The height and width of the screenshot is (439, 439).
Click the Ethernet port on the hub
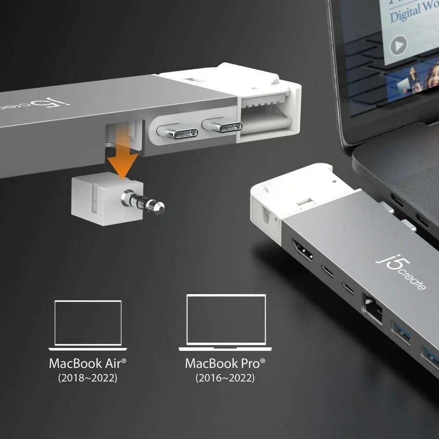pyautogui.click(x=371, y=306)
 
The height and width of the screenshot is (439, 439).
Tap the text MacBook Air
pyautogui.click(x=88, y=363)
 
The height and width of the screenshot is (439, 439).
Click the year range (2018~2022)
pyautogui.click(x=88, y=378)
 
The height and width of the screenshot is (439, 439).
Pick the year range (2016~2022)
pyautogui.click(x=225, y=378)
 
